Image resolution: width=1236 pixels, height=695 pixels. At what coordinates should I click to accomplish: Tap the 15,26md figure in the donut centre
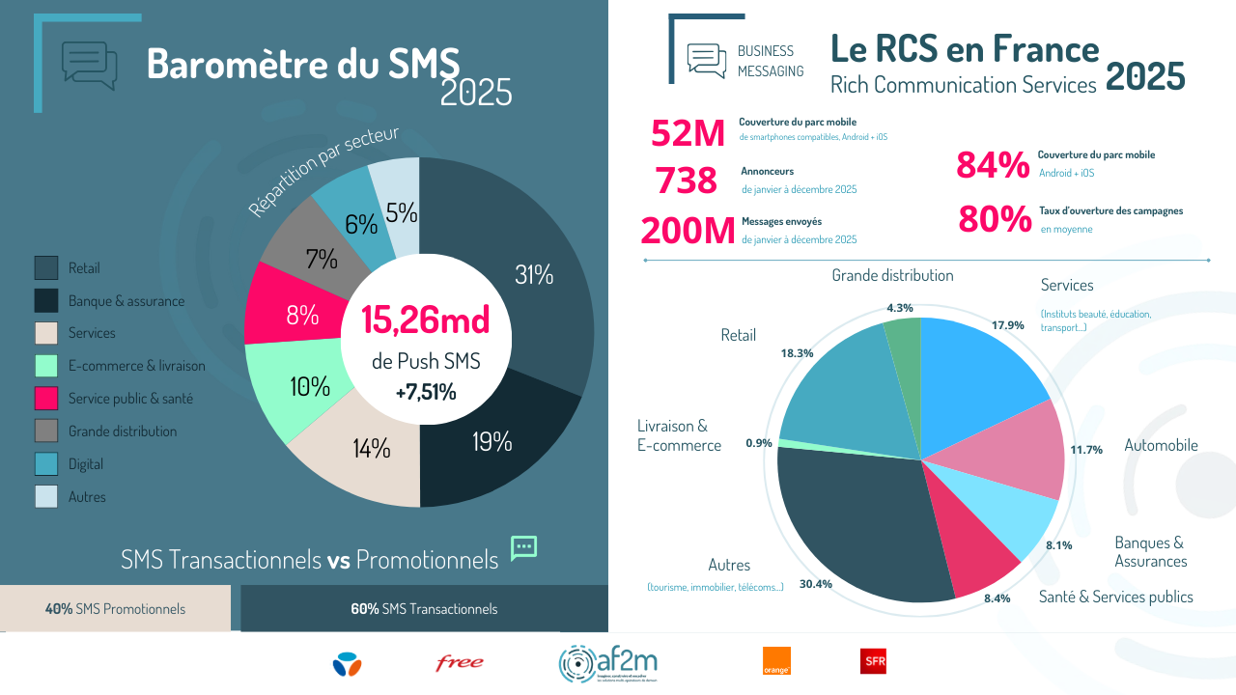click(425, 319)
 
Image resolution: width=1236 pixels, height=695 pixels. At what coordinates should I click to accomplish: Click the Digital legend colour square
click(46, 464)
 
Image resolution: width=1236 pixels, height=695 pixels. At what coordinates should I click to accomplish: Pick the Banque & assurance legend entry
click(126, 301)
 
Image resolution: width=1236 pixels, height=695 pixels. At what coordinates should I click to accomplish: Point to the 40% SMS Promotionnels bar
click(115, 609)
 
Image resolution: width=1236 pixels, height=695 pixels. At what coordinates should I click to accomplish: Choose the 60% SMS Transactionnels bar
click(424, 609)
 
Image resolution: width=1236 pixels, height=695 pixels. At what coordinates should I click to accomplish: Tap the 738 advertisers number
click(687, 181)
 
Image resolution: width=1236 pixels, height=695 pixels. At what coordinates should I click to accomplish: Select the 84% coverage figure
click(993, 166)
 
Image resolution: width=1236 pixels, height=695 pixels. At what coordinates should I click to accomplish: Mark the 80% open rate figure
click(995, 220)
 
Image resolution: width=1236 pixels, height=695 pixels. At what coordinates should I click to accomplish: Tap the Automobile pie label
click(1161, 445)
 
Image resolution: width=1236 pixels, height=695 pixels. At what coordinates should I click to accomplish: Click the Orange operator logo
click(776, 661)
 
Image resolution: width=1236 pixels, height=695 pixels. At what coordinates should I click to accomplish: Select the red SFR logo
click(873, 661)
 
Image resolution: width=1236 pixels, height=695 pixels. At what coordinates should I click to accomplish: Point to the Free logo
click(460, 663)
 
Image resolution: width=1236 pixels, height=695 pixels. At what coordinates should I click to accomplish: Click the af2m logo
click(608, 663)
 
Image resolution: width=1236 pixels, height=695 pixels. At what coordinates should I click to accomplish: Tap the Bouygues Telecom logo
click(347, 663)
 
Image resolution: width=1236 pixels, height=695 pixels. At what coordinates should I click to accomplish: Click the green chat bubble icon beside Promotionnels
click(523, 547)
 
